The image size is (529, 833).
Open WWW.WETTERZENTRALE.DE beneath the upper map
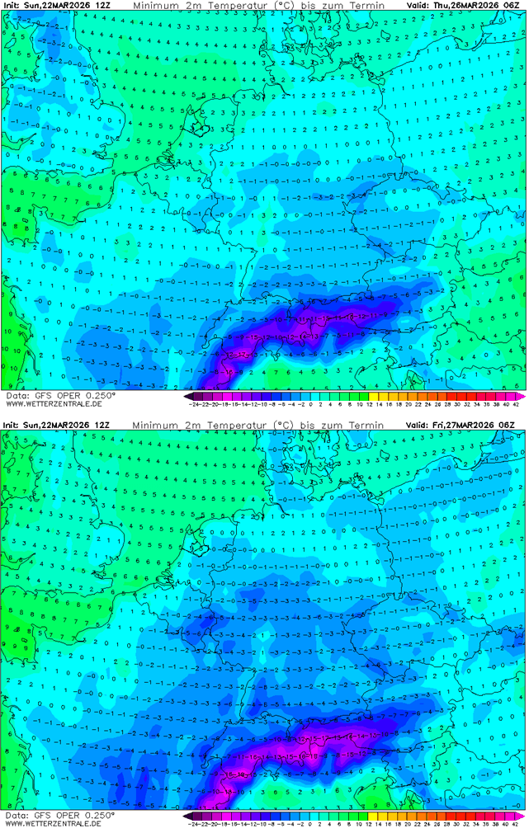click(x=53, y=403)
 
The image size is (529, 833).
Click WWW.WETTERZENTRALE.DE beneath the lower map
click(x=53, y=823)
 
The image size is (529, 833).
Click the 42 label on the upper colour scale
click(x=516, y=404)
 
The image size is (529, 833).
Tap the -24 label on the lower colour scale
click(x=195, y=824)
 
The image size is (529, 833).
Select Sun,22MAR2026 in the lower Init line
click(x=58, y=425)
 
